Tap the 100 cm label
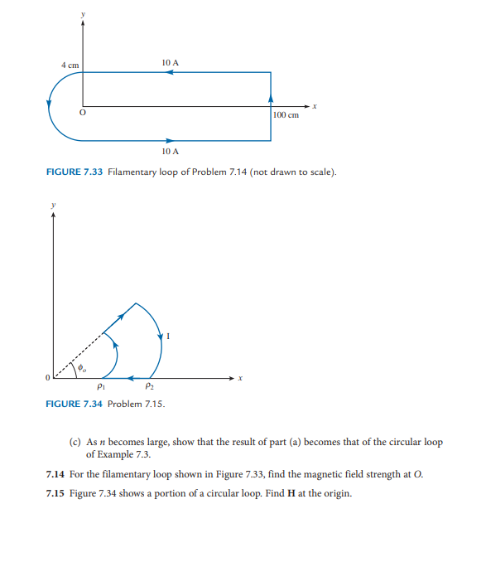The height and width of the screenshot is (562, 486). click(x=286, y=115)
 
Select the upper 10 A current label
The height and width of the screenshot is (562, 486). click(x=171, y=62)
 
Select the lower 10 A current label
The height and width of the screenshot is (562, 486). click(x=171, y=152)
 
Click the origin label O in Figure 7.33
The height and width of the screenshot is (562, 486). click(x=81, y=114)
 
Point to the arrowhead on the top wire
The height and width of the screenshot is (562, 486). click(x=168, y=72)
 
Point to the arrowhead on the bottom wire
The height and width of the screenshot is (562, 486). click(x=170, y=140)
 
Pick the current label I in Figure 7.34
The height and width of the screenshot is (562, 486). click(x=168, y=336)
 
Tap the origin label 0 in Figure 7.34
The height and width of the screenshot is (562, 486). click(x=47, y=378)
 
